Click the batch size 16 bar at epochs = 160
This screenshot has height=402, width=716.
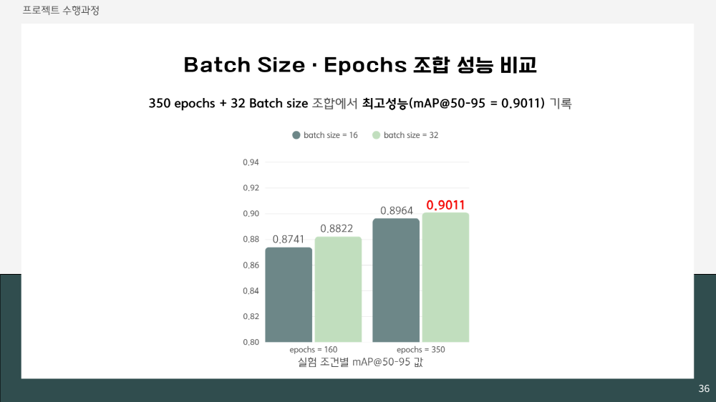(x=289, y=295)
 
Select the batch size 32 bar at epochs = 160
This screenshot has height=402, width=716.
(x=338, y=289)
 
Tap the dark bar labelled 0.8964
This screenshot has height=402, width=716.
(x=396, y=280)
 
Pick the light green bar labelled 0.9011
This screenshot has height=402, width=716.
(x=445, y=278)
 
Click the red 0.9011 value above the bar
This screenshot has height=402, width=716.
(x=445, y=205)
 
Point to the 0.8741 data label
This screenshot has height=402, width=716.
(x=288, y=239)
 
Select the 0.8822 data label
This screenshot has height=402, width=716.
(x=337, y=228)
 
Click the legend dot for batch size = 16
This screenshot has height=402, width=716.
(x=296, y=135)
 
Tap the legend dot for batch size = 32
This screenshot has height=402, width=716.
(x=377, y=135)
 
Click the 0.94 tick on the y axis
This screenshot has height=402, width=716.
(x=251, y=162)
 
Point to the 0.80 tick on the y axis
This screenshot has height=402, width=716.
(x=251, y=342)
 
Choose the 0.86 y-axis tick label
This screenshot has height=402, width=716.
(x=251, y=265)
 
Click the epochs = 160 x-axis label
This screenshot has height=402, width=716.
(x=314, y=350)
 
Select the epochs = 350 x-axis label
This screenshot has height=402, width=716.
(x=420, y=350)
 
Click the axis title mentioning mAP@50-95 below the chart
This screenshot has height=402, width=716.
(x=360, y=363)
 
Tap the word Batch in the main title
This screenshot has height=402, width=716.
(x=218, y=65)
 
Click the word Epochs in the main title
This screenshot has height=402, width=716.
(x=365, y=66)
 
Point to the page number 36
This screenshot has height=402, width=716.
(x=704, y=389)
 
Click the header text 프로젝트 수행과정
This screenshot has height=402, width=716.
(x=61, y=11)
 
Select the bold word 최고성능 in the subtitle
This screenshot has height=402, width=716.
(x=385, y=104)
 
